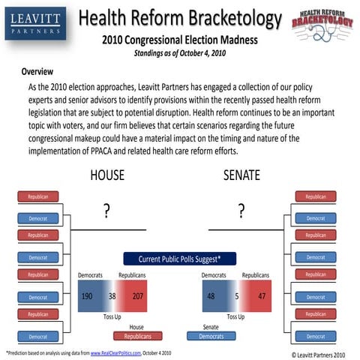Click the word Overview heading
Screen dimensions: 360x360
[37, 72]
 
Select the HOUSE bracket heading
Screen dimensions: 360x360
[106, 175]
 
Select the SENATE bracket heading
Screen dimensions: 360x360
[241, 175]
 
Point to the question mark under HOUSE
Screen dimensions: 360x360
[107, 212]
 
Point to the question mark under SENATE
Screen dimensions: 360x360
[241, 212]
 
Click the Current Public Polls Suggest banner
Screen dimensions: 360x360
[180, 259]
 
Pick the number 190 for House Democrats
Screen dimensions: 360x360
[86, 296]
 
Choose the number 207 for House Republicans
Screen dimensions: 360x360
[138, 296]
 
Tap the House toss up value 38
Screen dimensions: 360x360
[112, 296]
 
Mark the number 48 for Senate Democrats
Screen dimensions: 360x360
[211, 296]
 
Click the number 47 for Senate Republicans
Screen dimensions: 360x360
[261, 296]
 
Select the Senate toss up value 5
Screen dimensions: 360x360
[236, 296]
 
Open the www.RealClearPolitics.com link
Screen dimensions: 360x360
[112, 352]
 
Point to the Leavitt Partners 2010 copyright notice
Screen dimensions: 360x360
[318, 354]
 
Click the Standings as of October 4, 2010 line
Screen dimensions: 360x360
[179, 53]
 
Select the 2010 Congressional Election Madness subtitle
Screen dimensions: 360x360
[179, 40]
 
